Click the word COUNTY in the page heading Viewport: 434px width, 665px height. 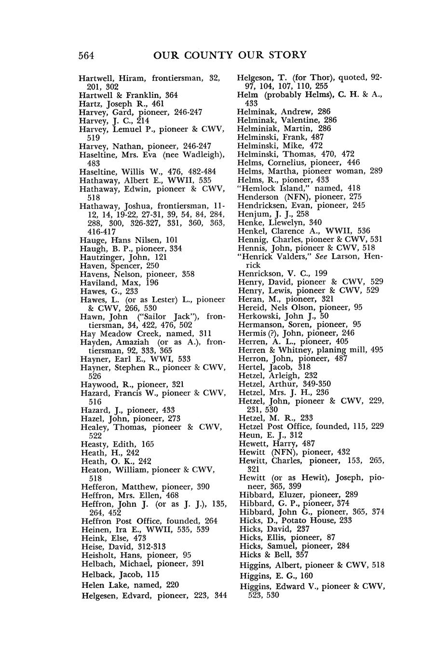pos(211,55)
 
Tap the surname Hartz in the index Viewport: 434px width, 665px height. pos(89,103)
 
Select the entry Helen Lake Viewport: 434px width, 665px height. pos(103,584)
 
